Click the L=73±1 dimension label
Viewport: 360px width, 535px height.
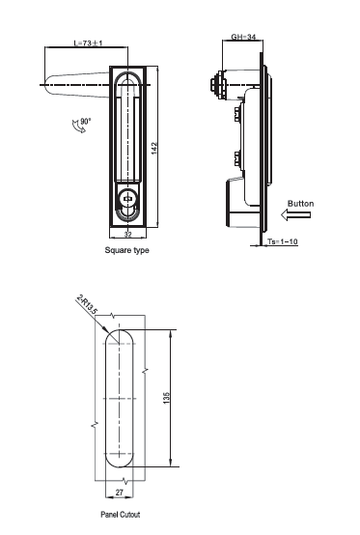(x=88, y=43)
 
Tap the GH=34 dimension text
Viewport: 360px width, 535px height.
(x=243, y=37)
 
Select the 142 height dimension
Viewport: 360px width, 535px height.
(x=154, y=149)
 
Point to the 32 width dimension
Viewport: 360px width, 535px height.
(x=127, y=234)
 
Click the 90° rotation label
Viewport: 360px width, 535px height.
(x=86, y=121)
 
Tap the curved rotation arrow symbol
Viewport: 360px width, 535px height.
(x=78, y=127)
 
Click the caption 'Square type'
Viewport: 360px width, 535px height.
(x=126, y=250)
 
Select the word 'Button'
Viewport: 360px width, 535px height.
(x=300, y=204)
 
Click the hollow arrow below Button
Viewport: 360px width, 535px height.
(x=295, y=215)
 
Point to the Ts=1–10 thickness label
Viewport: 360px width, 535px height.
(x=282, y=241)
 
